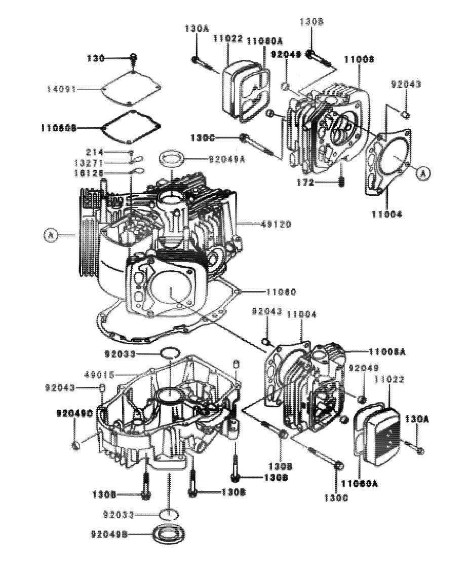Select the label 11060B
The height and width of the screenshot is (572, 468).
tap(59, 128)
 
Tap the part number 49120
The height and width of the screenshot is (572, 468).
tap(277, 224)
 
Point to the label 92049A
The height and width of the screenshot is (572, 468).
tap(226, 159)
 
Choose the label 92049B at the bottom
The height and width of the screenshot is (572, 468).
tap(109, 534)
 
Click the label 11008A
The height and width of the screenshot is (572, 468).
tap(387, 351)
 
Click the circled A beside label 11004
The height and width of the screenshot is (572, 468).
tap(423, 173)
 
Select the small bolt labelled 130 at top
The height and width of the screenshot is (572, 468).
tap(133, 59)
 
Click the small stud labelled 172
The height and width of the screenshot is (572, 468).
tap(342, 181)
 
